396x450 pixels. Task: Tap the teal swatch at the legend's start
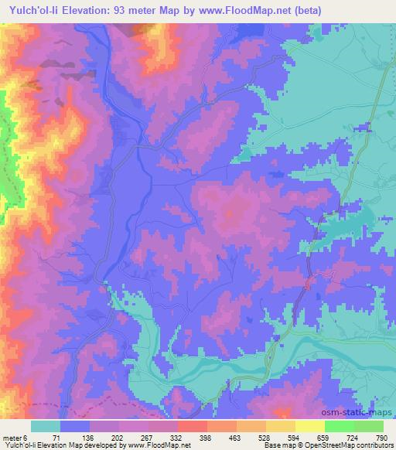(x=46, y=426)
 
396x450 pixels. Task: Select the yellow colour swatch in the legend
(x=309, y=426)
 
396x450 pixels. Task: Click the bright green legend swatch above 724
(x=339, y=426)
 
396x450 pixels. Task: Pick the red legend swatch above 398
(x=192, y=426)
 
